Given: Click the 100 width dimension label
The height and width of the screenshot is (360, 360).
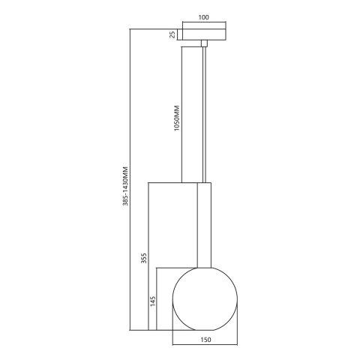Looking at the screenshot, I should (x=204, y=16).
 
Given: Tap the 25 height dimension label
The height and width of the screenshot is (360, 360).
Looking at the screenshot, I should (x=172, y=34).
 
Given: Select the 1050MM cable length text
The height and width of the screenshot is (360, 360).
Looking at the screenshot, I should (x=176, y=118).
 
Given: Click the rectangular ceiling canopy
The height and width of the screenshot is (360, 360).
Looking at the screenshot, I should (x=204, y=34).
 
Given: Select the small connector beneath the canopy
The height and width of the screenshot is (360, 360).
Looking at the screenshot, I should (x=204, y=44).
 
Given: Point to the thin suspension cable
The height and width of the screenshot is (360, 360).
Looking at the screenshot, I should (x=204, y=112).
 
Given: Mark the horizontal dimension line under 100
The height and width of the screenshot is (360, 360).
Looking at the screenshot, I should (x=204, y=23).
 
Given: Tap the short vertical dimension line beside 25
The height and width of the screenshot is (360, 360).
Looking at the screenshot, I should (x=178, y=34).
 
